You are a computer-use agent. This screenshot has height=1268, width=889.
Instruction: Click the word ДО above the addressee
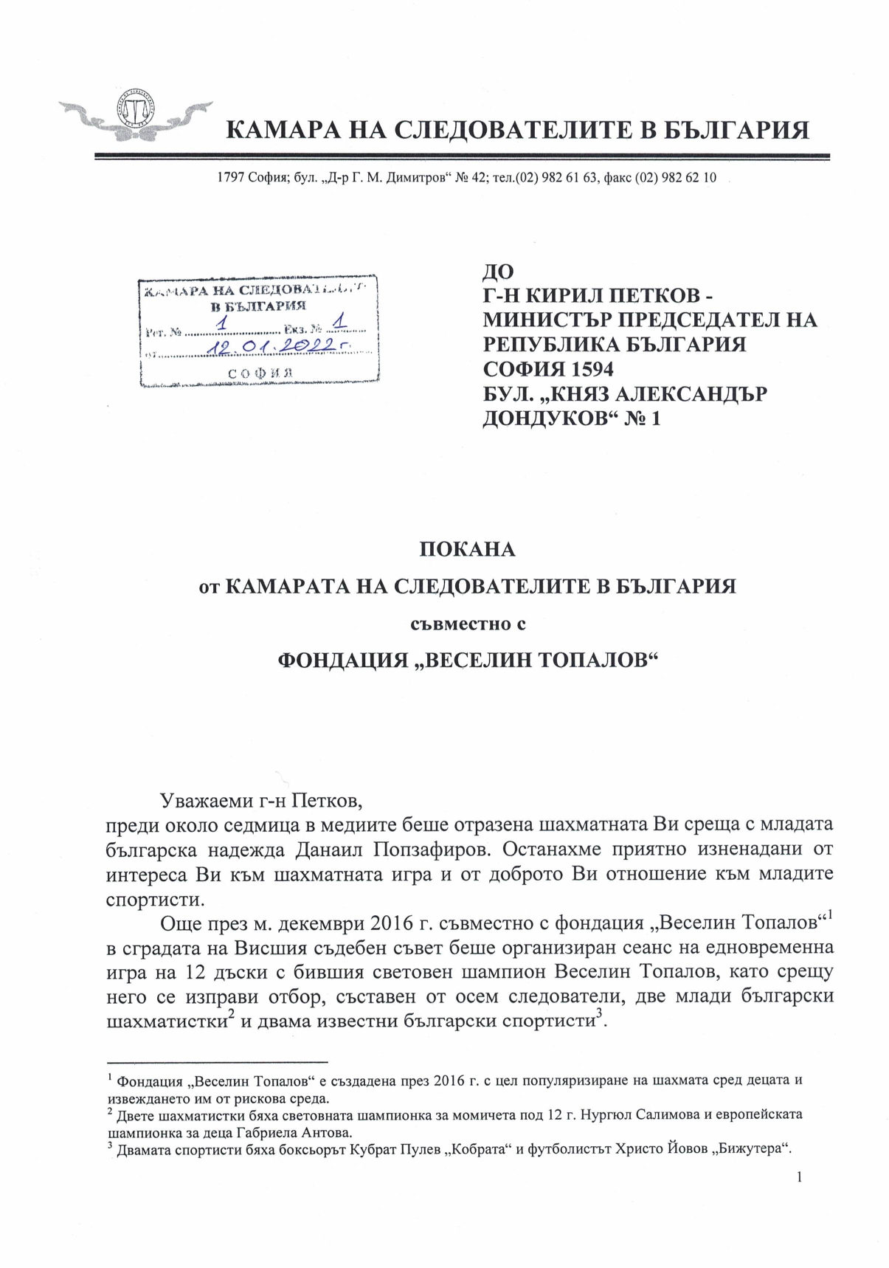click(x=498, y=272)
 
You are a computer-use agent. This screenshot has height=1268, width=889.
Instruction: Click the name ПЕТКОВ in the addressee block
click(x=646, y=296)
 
